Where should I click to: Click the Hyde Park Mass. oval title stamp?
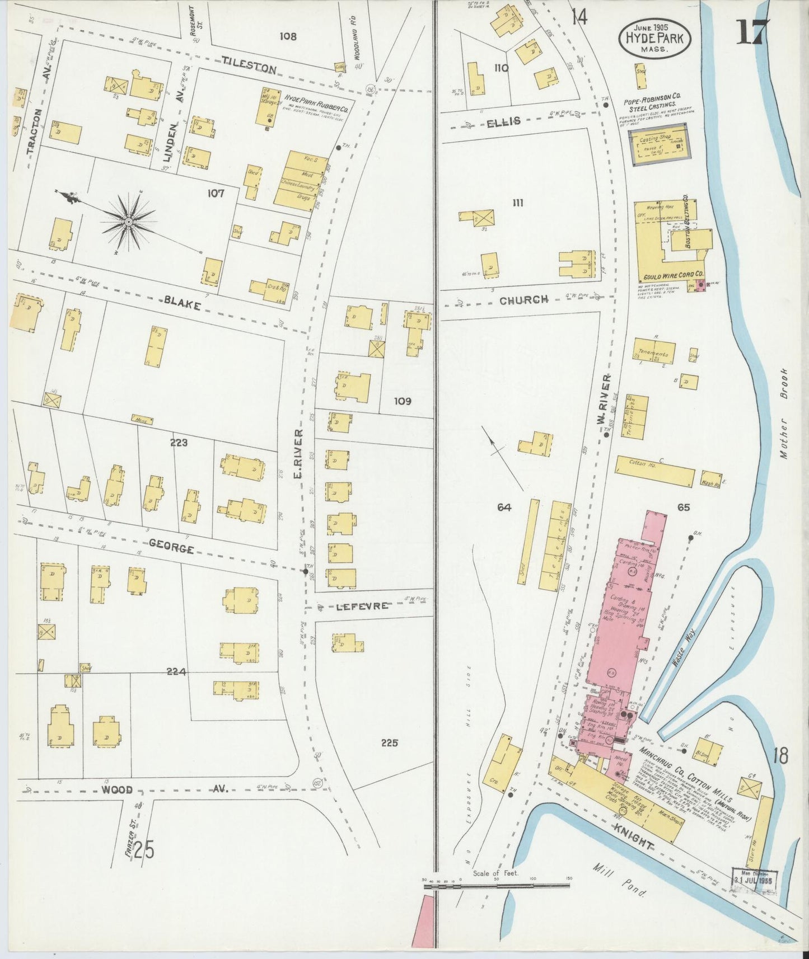point(654,37)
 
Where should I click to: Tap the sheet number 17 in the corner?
point(752,32)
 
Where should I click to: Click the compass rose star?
point(129,222)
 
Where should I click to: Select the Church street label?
point(523,300)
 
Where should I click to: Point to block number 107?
point(216,194)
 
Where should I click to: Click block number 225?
point(389,743)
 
